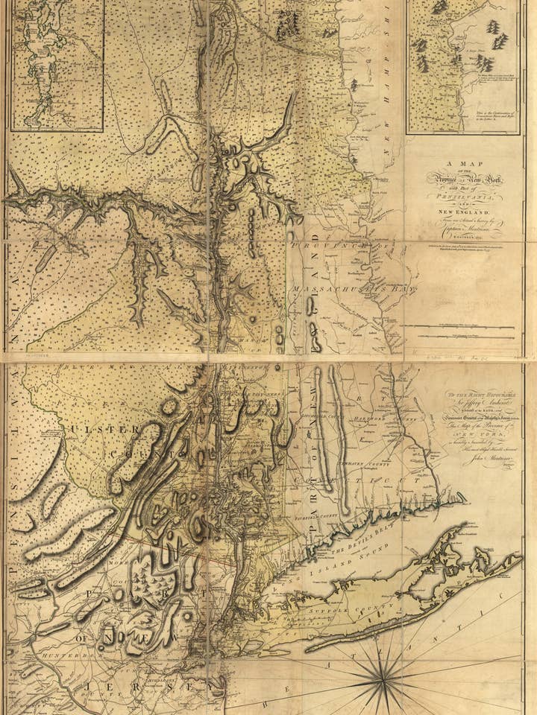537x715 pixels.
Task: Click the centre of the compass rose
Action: pyautogui.click(x=383, y=679)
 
